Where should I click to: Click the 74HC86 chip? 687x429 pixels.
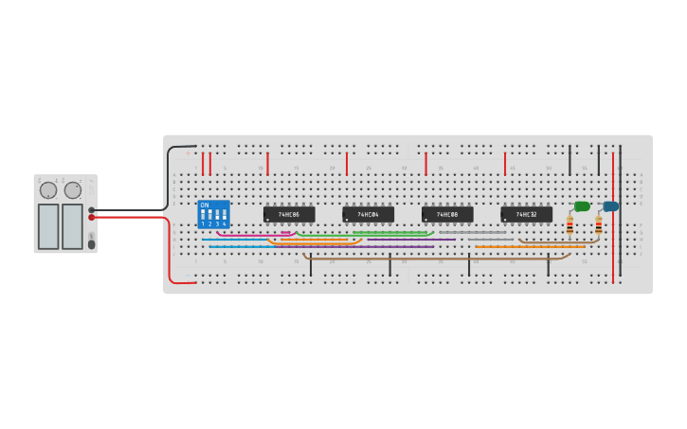pos(289,215)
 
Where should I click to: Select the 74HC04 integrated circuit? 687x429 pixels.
pos(368,215)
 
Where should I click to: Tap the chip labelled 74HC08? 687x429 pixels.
pos(447,215)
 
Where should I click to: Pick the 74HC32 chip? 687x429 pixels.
pos(526,215)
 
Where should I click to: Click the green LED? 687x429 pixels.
pos(582,206)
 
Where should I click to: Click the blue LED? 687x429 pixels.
pos(610,206)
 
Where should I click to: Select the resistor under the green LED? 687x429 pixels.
pos(569,225)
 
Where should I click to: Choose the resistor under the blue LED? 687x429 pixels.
pos(599,225)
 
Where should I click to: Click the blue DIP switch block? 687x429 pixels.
pos(213,214)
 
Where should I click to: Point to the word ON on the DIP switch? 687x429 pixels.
pos(205,205)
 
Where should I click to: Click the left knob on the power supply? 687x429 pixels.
pos(48,190)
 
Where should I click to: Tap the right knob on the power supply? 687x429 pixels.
pos(73,190)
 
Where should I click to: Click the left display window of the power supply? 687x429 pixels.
pos(48,226)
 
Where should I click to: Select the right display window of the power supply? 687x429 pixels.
pos(72,226)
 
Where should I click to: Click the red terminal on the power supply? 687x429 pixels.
pos(92,217)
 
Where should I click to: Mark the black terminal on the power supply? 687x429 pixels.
pos(92,210)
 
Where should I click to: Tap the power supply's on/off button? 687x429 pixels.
pos(91,244)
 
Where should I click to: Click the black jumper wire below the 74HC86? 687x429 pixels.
pos(311,266)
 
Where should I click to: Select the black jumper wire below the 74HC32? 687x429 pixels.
pos(548,266)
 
